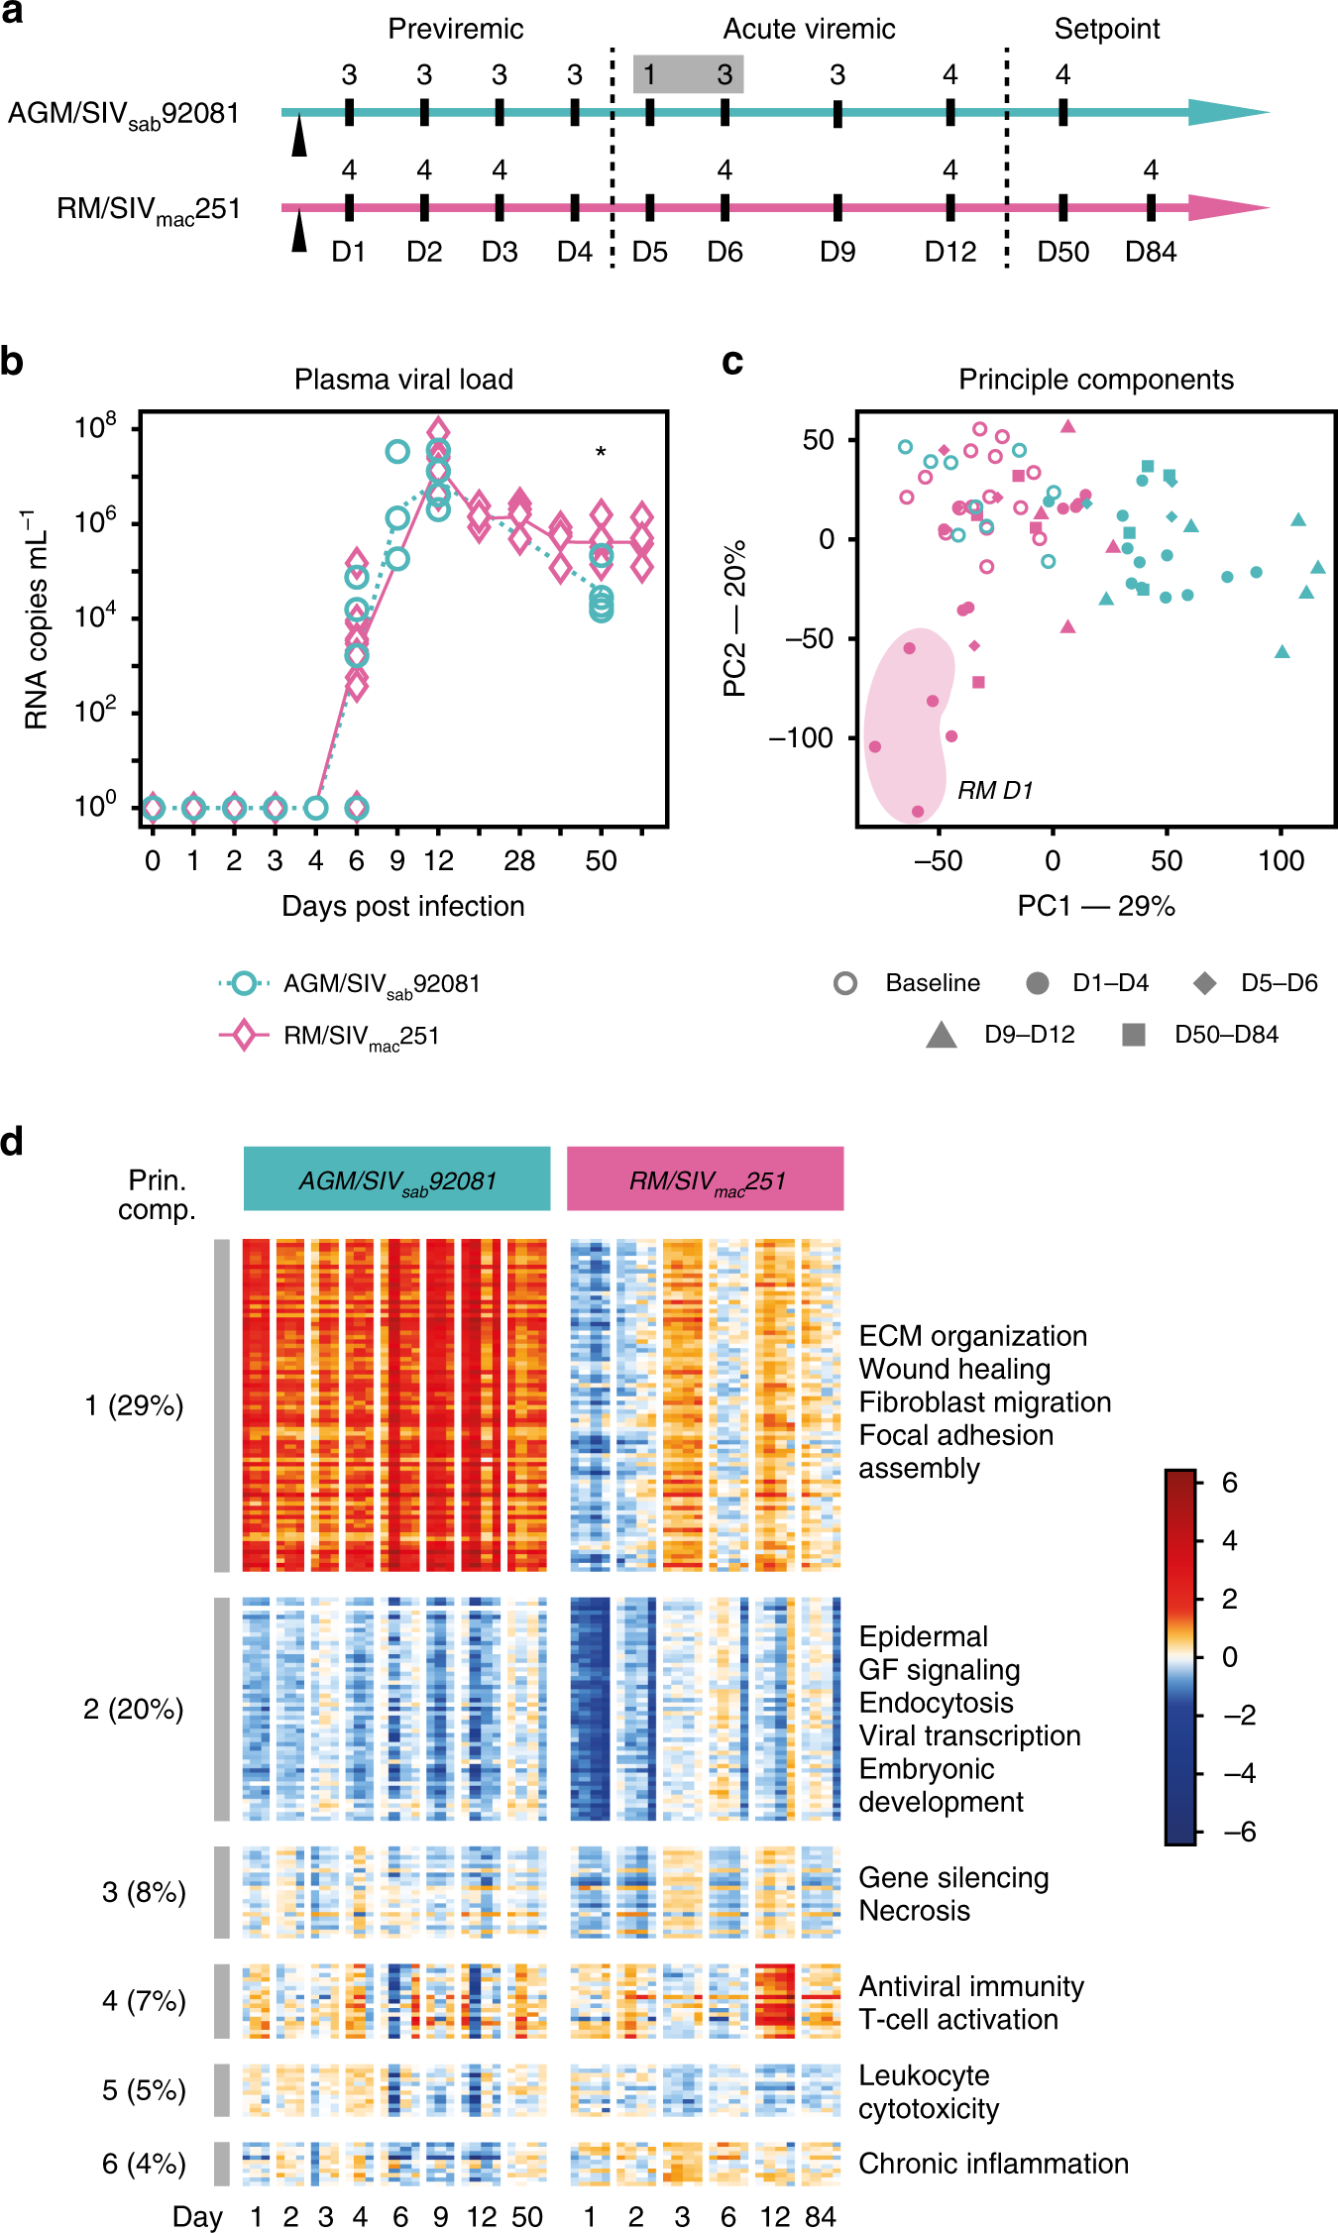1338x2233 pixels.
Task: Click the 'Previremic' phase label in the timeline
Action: (x=455, y=29)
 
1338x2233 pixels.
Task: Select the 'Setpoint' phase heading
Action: (x=1106, y=29)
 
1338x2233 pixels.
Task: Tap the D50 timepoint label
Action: (x=1062, y=252)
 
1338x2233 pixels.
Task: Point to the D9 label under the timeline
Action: (x=837, y=252)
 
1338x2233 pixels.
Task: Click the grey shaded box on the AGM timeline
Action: (x=688, y=74)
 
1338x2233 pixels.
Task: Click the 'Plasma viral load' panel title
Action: (x=403, y=380)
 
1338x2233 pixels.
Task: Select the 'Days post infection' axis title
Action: (x=402, y=906)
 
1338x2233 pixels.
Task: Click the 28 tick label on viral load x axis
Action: (x=518, y=860)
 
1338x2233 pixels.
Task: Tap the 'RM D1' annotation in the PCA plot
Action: (x=994, y=790)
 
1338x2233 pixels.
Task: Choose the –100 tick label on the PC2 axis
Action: (x=802, y=737)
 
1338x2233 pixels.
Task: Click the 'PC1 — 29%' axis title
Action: (x=1096, y=906)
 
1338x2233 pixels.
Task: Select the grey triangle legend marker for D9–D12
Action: (x=941, y=1036)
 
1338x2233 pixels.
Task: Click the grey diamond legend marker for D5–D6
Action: (x=1204, y=983)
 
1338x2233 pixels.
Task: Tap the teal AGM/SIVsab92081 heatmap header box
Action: (x=396, y=1178)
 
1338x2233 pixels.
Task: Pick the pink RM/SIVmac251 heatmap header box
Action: (x=705, y=1178)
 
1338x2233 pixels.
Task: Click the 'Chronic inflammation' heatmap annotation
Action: (x=993, y=2164)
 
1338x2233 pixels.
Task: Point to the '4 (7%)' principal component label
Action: (x=144, y=2001)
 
